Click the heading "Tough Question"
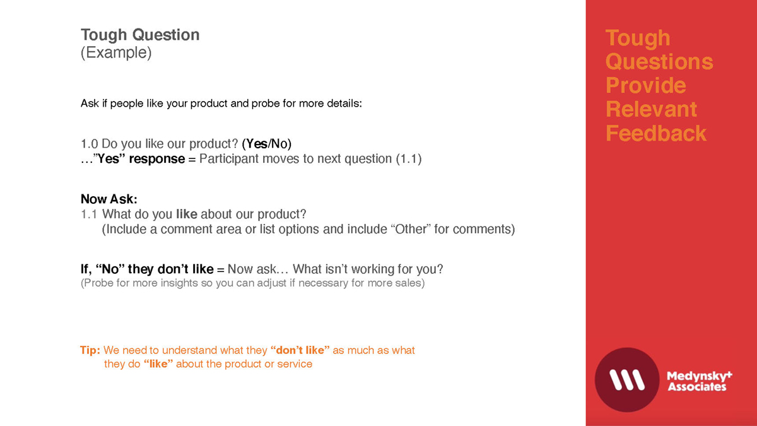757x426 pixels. coord(140,35)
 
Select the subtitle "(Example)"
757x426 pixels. coord(116,53)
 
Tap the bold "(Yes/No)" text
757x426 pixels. coord(267,144)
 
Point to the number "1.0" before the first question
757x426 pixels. coord(89,144)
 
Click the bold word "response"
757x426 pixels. coord(157,159)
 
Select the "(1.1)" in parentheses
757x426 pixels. coord(409,159)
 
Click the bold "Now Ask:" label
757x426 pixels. coord(109,199)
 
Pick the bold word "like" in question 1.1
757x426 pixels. coord(187,214)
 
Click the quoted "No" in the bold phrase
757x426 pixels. coord(110,269)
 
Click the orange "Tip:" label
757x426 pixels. coord(90,350)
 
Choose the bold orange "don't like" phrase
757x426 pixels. coord(300,350)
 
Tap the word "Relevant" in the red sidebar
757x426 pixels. coord(651,109)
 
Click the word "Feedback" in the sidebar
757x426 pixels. coord(656,133)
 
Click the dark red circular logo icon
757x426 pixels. coord(627,380)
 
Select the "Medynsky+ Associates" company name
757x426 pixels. coord(699,381)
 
